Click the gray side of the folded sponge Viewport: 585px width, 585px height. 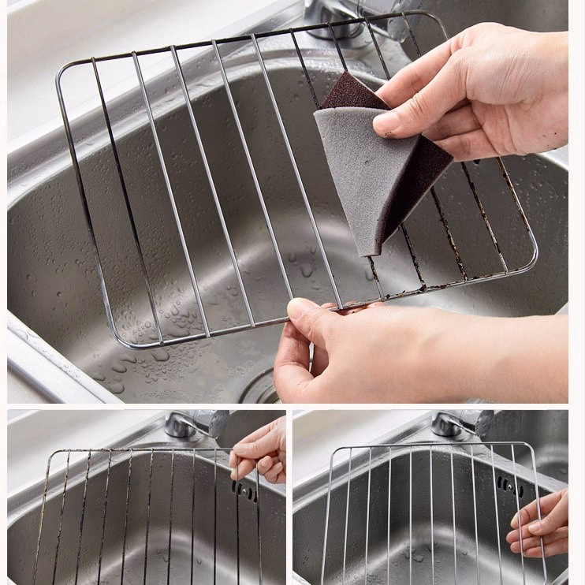(x=355, y=173)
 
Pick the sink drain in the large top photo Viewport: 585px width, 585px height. (x=260, y=386)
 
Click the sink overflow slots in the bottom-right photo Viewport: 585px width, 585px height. (x=509, y=486)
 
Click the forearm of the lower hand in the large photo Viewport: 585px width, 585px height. (x=489, y=355)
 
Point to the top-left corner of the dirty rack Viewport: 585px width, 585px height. (x=54, y=454)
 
